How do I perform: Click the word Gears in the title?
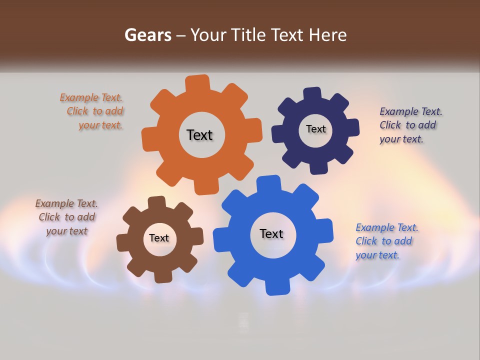coord(148,35)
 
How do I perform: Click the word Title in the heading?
coord(250,35)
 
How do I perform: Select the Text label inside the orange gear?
coord(199,135)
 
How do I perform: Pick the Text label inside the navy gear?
coord(315,129)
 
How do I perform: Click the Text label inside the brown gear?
coord(159,238)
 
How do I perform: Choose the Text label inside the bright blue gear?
coord(271,233)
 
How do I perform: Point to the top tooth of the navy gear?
coord(312,95)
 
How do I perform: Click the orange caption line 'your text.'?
coord(100,125)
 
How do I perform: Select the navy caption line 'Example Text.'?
coord(411,111)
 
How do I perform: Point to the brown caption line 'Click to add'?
coord(67,217)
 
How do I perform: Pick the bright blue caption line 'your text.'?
coord(377,255)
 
